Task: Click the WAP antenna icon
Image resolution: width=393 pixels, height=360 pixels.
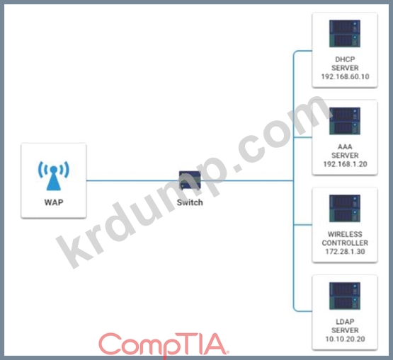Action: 53,175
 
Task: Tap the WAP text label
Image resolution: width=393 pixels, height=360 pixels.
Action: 54,202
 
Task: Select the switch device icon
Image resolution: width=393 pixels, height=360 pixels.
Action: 190,180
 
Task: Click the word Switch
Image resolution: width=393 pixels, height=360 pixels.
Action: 190,202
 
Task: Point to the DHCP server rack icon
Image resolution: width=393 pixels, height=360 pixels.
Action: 345,33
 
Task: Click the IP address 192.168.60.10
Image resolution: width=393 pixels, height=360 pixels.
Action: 345,76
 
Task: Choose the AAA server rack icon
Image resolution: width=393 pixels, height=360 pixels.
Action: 345,121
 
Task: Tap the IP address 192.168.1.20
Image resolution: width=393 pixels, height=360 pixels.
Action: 345,164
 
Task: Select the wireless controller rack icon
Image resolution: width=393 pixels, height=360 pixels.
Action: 345,208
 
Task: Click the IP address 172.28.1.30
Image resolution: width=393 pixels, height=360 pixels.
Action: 345,251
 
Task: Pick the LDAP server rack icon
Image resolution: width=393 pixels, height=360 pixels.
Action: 345,296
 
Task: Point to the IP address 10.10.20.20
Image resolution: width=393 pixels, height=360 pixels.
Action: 345,339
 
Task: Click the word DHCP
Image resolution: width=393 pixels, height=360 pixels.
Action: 345,59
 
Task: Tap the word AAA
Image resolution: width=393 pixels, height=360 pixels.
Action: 345,146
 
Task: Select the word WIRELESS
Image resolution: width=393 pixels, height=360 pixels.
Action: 345,234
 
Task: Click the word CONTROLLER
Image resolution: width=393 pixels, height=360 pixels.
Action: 345,243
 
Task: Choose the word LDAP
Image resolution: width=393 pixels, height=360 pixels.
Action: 345,321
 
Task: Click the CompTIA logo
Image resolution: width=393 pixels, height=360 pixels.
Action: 164,345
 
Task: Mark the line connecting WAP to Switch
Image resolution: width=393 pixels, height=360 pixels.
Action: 132,180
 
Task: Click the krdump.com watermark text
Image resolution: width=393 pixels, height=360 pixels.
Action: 194,182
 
